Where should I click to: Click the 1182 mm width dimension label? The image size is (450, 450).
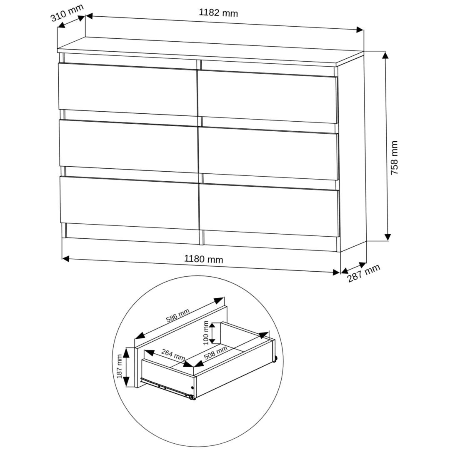point(218,13)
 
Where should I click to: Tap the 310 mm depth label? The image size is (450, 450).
point(67,13)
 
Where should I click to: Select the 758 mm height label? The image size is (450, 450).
point(394,158)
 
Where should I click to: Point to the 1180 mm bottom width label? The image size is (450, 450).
point(203,259)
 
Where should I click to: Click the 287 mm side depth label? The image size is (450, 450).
point(364,273)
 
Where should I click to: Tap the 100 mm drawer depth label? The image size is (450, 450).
point(206,333)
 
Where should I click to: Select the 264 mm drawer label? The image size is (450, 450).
point(173,355)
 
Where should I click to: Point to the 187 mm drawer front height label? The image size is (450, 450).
point(120,367)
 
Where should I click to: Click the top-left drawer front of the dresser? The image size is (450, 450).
point(128,89)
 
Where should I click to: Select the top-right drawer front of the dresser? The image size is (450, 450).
point(267,96)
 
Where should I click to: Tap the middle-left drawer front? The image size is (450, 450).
point(129,146)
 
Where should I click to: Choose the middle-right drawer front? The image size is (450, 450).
point(268,153)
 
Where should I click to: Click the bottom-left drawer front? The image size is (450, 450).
point(130,203)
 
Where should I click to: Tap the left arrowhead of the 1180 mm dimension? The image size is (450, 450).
point(66,259)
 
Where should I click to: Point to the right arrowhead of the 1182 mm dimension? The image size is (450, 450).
point(360,30)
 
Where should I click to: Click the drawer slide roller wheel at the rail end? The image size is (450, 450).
point(191,397)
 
